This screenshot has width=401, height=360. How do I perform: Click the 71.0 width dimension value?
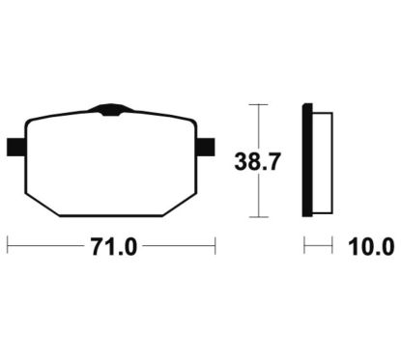114,247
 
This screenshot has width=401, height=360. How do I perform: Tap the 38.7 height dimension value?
258,161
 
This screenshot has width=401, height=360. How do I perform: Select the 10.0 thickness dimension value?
371,247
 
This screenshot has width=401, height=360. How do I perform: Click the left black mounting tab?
16,148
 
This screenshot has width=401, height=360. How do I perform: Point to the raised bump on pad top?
111,109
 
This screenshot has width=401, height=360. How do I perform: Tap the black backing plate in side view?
307,160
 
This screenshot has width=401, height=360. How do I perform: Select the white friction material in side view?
323,163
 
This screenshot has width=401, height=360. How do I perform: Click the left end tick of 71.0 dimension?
7,246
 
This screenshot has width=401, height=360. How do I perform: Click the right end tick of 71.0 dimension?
215,246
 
